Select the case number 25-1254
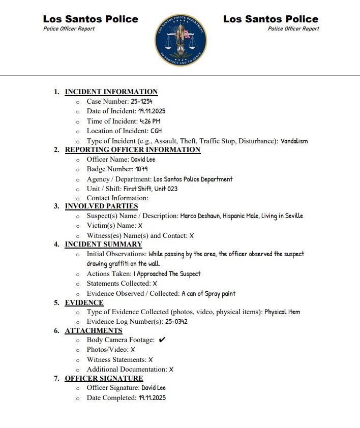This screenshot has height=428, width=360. point(142,102)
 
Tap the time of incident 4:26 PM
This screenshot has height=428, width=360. point(150,121)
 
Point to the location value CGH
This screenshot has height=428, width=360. point(156,131)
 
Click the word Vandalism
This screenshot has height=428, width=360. point(294,141)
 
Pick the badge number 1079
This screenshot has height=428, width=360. point(141,169)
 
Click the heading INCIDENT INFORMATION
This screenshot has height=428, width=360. point(111,92)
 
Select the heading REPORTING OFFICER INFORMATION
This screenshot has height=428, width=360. point(133,150)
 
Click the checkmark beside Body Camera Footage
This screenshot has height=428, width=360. point(162,340)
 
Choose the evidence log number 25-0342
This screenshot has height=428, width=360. point(176,321)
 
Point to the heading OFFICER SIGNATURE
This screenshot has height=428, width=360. point(104,378)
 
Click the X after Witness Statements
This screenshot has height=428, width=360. point(151,359)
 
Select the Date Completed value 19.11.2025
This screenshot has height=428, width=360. point(152,398)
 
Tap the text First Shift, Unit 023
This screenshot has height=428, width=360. point(150,189)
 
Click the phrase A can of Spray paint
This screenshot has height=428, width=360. point(208,293)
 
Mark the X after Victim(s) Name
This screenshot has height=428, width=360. point(140,225)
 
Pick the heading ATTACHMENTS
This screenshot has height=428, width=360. point(94,330)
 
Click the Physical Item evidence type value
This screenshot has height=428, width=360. point(282,312)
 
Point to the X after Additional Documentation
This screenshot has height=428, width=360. point(171,369)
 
